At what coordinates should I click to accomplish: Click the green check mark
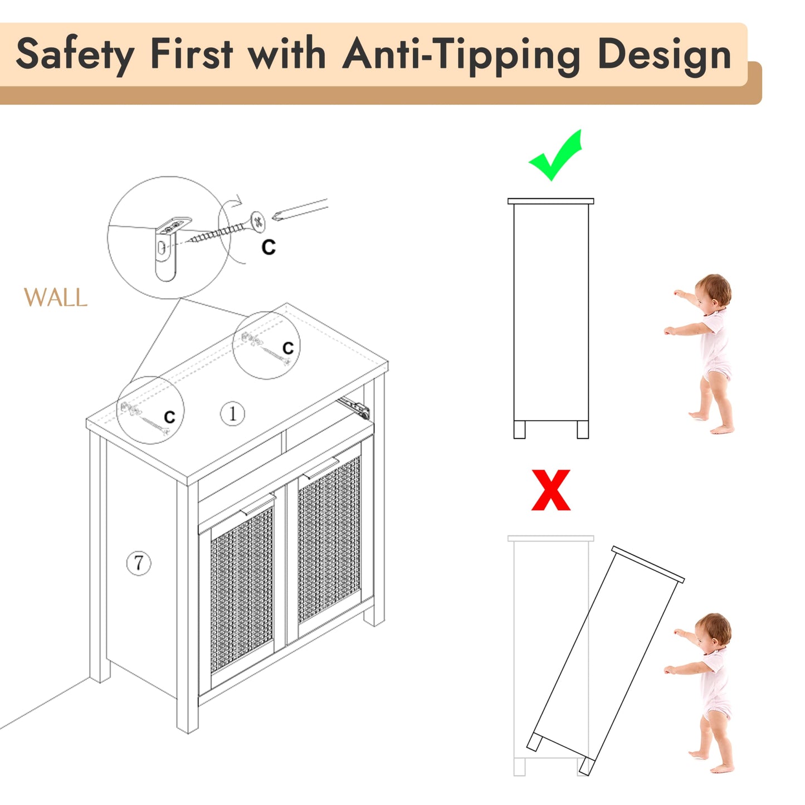tap(555, 154)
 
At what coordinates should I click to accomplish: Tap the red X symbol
tap(550, 490)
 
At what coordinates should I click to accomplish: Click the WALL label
tap(56, 297)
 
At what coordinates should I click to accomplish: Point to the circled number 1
tap(232, 413)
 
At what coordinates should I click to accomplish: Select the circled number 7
tap(139, 563)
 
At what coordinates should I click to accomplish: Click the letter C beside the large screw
tap(269, 247)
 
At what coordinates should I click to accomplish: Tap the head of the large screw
tap(258, 222)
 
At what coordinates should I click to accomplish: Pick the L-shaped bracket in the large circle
tap(169, 246)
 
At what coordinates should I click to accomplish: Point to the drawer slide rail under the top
tap(354, 407)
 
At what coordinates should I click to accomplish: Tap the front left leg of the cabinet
tap(187, 606)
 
